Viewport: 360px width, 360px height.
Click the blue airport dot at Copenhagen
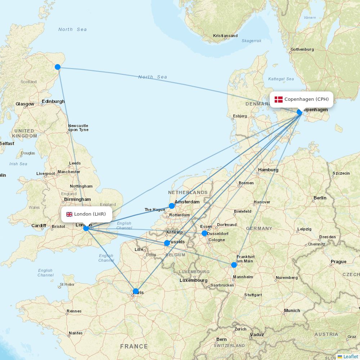tap(300, 112)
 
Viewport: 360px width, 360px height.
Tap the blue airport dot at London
tap(86, 228)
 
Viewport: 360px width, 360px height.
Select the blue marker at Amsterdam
tap(172, 206)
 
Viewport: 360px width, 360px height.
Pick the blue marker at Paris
tap(136, 291)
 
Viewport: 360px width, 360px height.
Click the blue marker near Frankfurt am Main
tap(234, 265)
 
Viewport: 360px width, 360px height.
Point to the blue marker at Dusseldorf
tap(204, 233)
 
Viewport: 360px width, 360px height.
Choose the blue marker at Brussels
tap(167, 243)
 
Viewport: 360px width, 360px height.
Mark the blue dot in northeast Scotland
tap(58, 67)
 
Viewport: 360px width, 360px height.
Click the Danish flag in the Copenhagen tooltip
tap(278, 99)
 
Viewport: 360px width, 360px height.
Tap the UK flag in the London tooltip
tap(69, 214)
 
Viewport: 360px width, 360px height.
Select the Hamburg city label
tap(268, 170)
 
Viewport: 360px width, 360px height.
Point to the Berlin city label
tap(320, 198)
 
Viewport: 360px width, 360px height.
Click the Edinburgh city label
tap(53, 102)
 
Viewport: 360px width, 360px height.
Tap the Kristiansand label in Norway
tap(225, 36)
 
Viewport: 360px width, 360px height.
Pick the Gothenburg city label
tap(302, 49)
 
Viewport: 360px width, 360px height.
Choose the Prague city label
tap(338, 262)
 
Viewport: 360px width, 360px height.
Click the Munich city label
tap(292, 310)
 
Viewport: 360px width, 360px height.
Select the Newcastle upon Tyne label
tap(78, 128)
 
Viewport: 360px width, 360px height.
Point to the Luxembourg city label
tap(194, 280)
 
